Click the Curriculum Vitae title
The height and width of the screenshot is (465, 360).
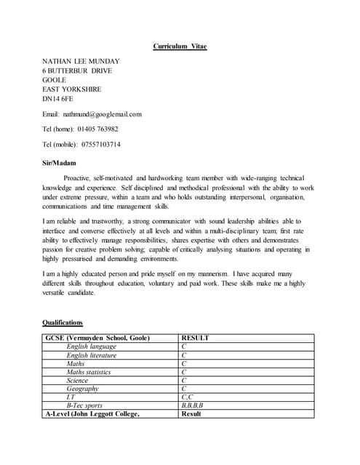[x=180, y=46]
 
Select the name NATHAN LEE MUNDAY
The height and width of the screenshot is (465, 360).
[x=81, y=61]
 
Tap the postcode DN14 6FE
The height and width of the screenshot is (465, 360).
[x=58, y=98]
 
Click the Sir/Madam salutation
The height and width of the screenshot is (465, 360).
[x=60, y=163]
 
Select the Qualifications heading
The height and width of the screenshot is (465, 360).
[x=63, y=322]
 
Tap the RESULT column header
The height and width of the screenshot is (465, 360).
[x=195, y=338]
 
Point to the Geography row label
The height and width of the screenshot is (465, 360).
[x=84, y=389]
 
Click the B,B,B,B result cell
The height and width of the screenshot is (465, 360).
[x=192, y=405]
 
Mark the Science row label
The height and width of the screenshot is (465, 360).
[x=78, y=380]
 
